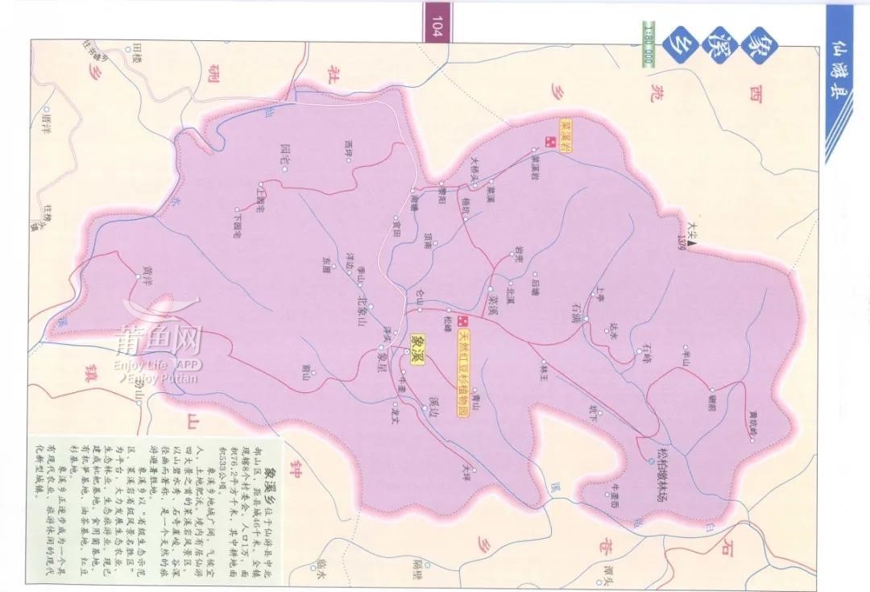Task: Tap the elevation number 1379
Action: [x=682, y=237]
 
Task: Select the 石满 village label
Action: [x=575, y=307]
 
